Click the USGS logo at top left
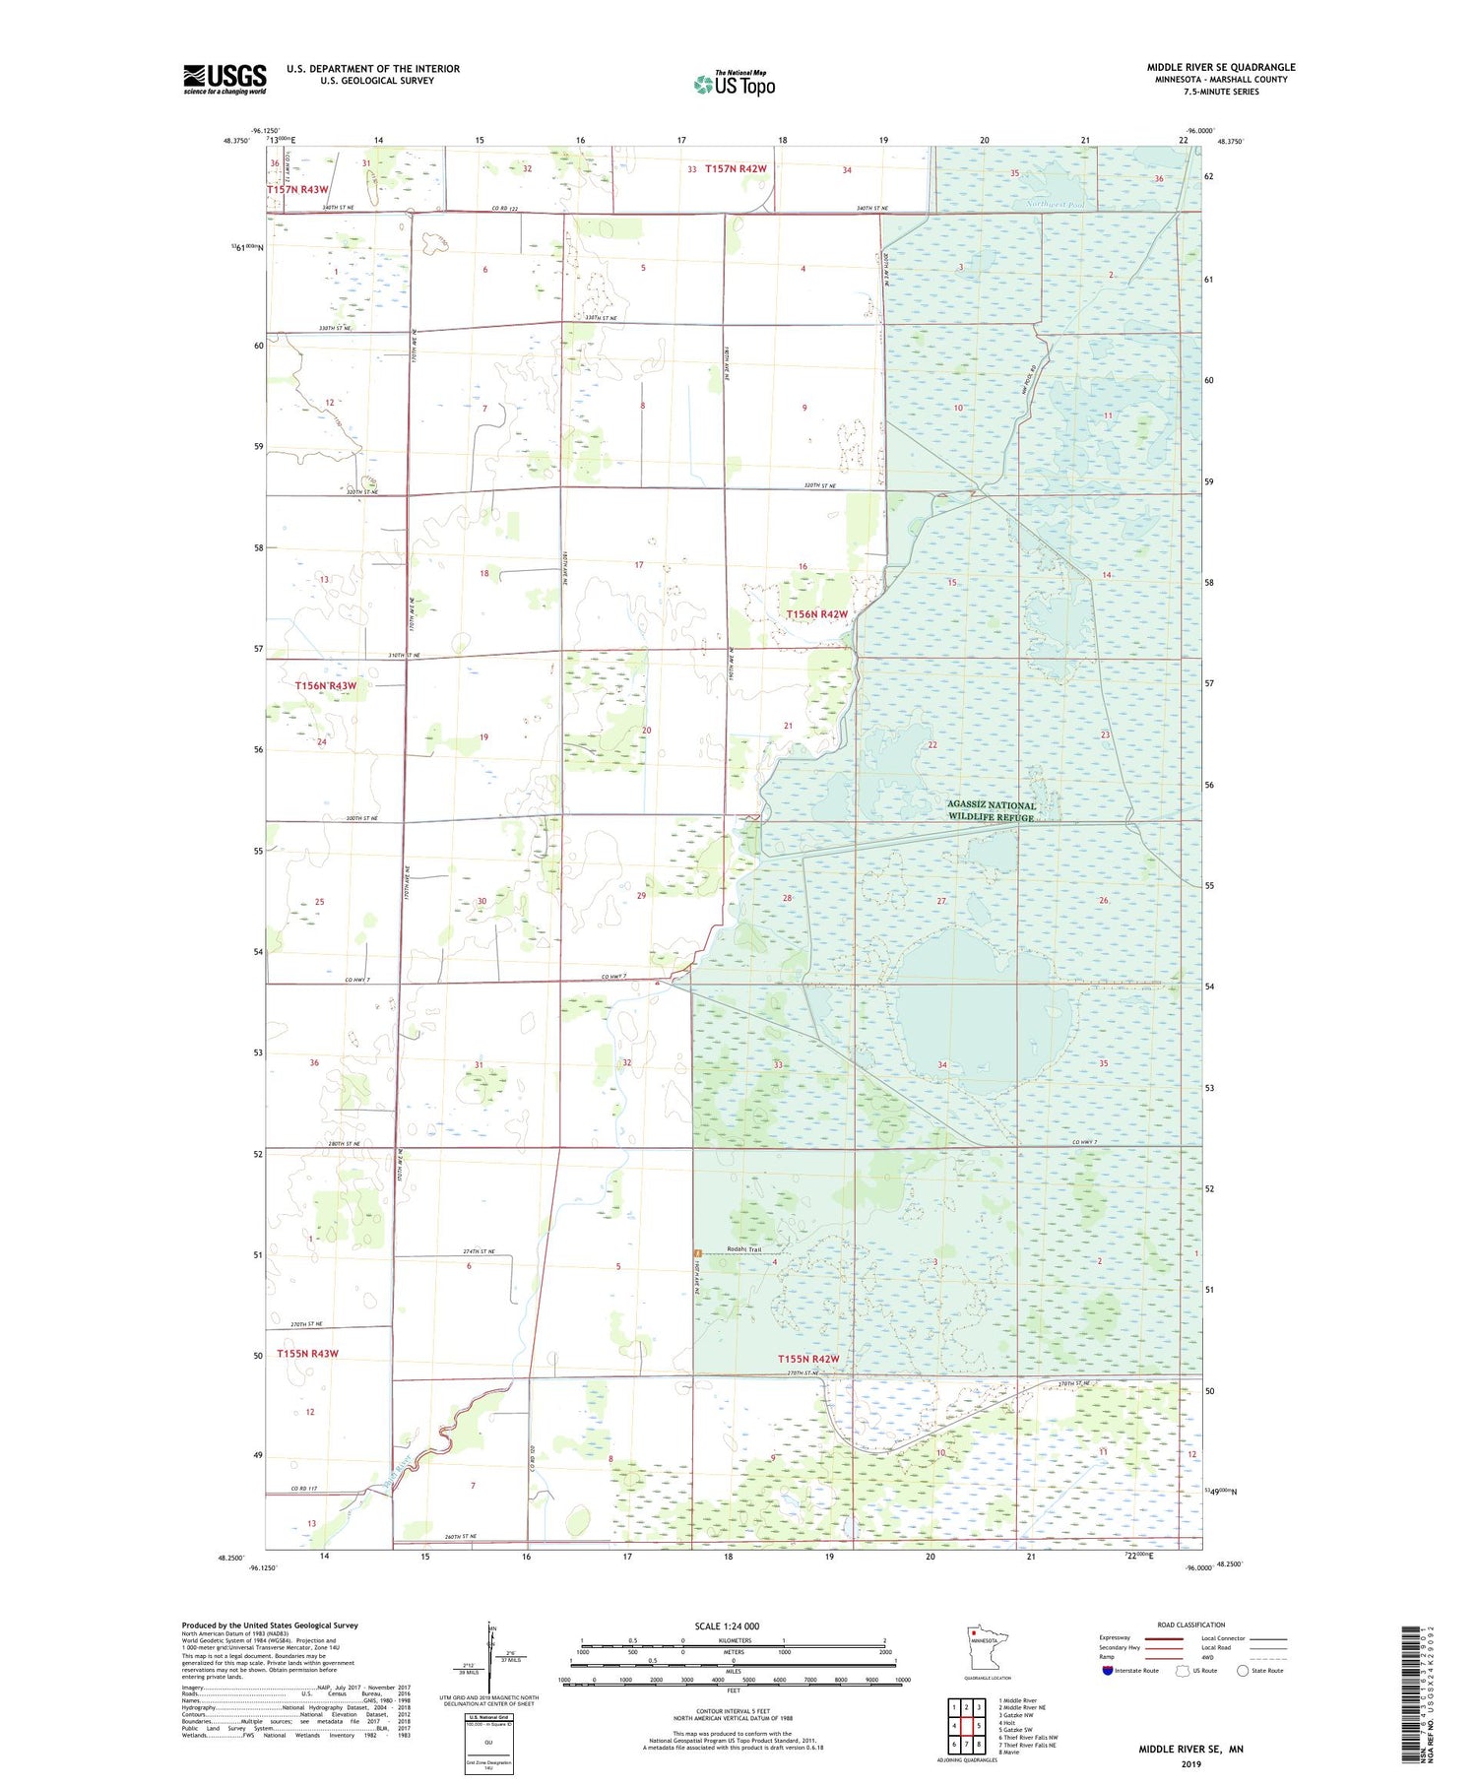click(225, 79)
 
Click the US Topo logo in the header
click(735, 84)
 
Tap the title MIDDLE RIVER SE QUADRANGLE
click(1220, 67)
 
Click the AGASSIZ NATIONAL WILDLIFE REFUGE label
click(992, 811)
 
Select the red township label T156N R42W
click(816, 614)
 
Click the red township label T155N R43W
click(307, 1354)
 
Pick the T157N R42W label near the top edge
click(735, 169)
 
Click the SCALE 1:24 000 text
click(727, 1626)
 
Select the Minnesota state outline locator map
click(987, 1647)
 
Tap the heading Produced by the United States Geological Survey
click(269, 1626)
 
